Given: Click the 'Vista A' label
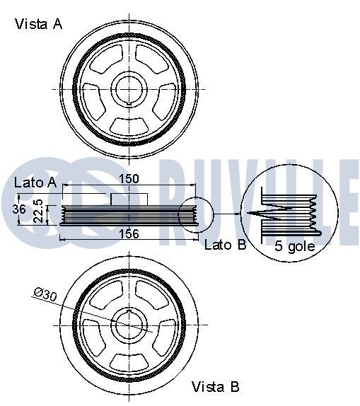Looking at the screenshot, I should [x=39, y=24].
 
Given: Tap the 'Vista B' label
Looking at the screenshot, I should [x=216, y=387].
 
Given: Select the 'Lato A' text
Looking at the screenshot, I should [x=35, y=182].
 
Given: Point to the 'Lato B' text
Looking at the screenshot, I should [x=225, y=245].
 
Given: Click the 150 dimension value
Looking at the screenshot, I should [x=128, y=179].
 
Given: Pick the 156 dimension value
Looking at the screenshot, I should [x=128, y=233].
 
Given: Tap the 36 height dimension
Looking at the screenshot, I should [x=21, y=209].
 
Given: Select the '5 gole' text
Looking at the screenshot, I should [x=295, y=248].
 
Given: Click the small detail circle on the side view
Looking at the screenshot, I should [x=196, y=214].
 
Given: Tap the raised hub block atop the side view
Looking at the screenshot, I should [x=128, y=199].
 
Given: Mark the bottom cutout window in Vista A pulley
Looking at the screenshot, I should [x=129, y=125].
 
